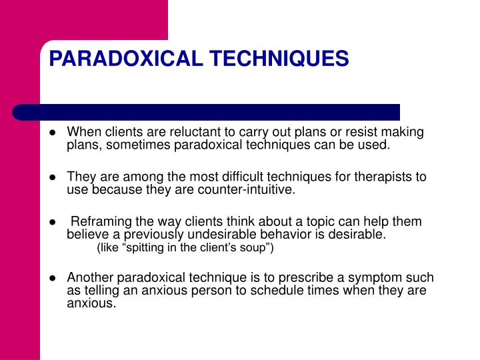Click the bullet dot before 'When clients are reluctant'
click(51, 133)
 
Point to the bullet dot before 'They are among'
click(51, 177)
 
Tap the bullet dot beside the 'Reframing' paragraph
click(51, 222)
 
